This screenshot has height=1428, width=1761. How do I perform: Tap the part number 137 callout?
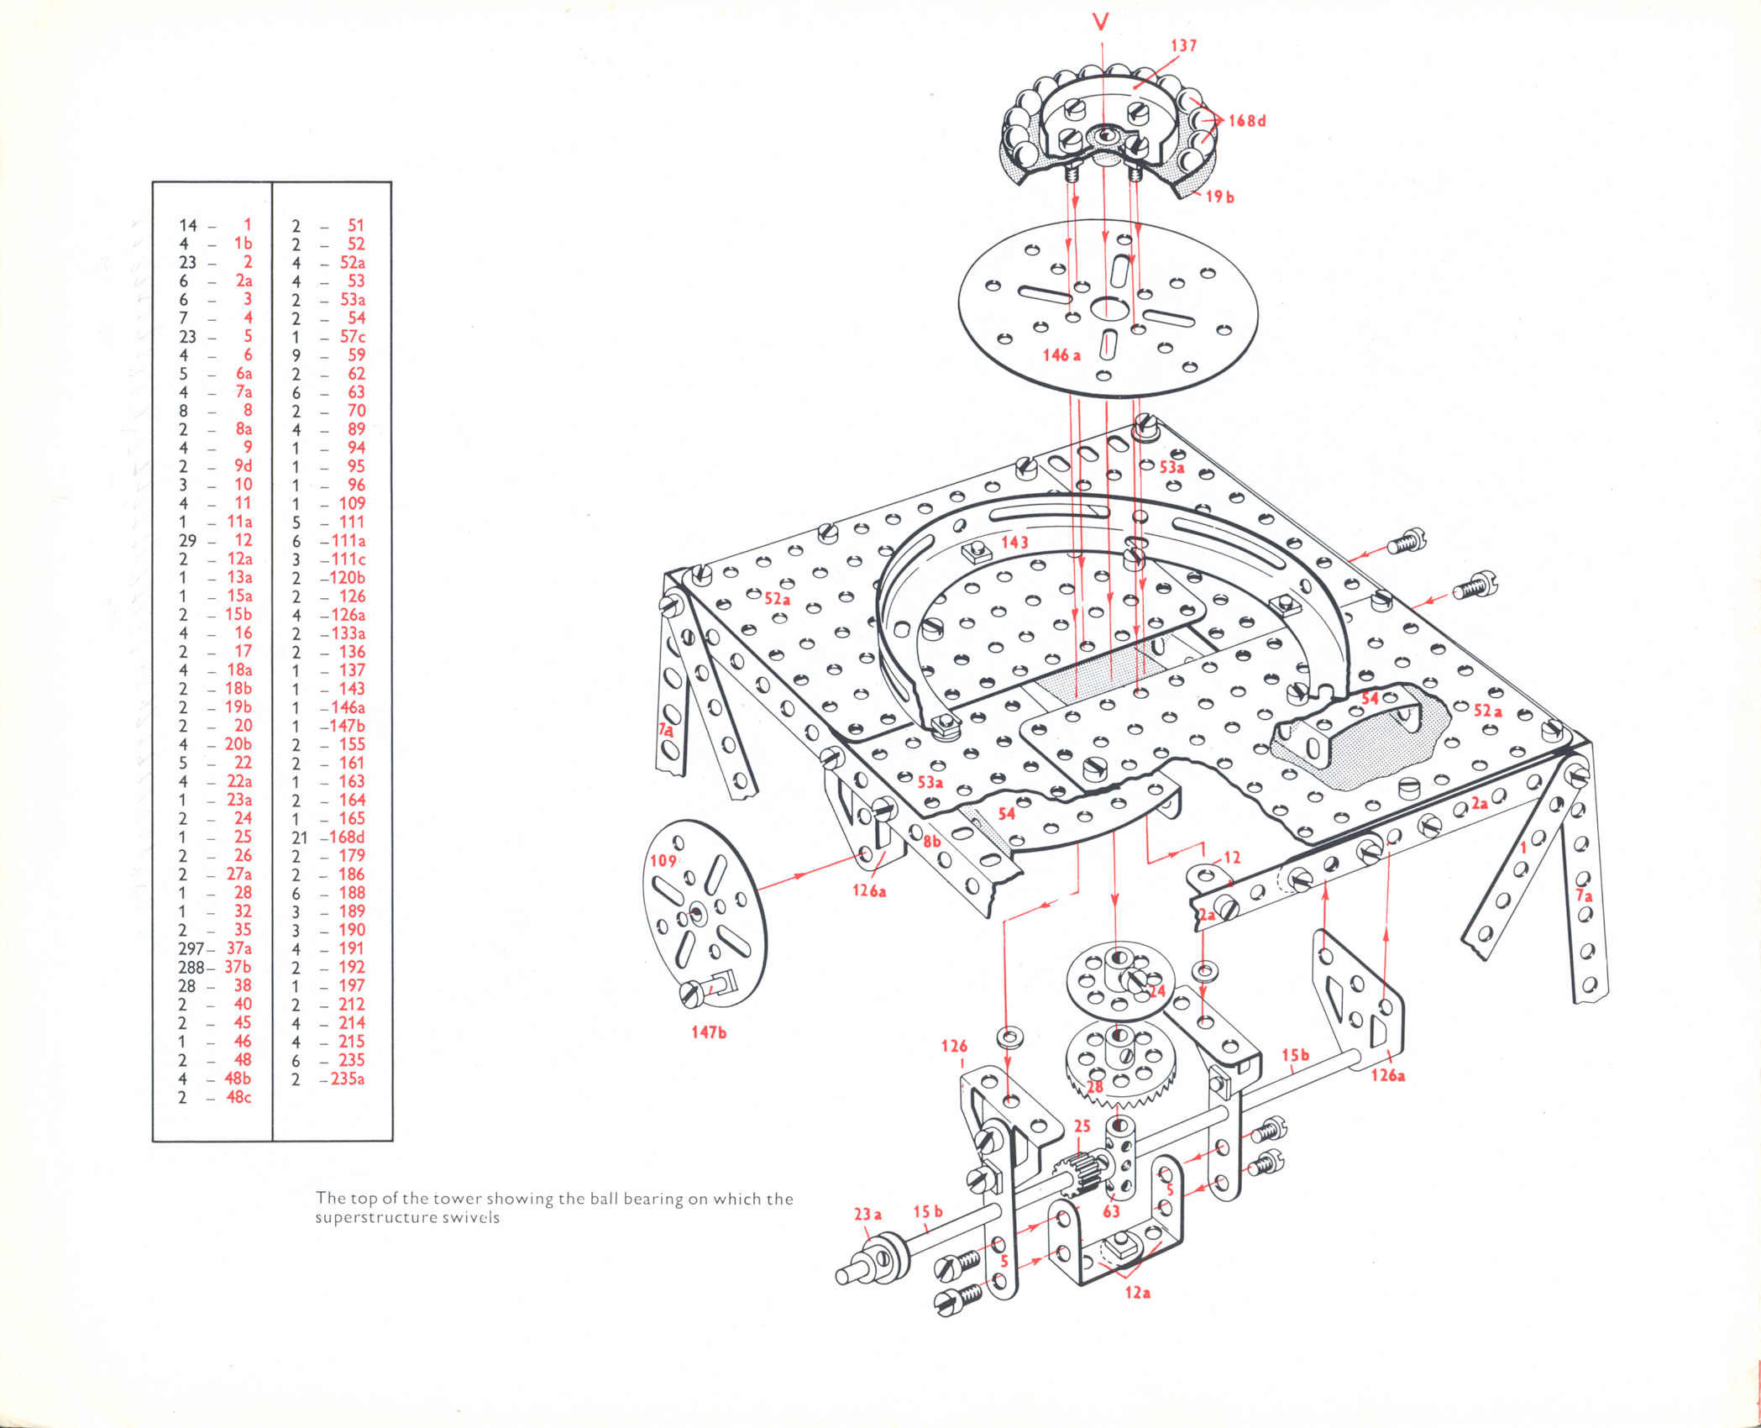tap(1182, 45)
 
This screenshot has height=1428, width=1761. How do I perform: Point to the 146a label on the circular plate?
tap(1061, 354)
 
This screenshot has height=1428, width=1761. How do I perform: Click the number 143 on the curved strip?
tap(1014, 542)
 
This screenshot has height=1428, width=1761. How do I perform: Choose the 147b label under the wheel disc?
tap(709, 1032)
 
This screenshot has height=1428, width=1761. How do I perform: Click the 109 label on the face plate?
tap(663, 860)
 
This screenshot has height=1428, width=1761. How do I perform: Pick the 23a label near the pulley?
tap(867, 1214)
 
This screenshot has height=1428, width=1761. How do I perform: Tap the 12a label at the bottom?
tap(1137, 1293)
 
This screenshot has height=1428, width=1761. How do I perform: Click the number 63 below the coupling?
tap(1111, 1211)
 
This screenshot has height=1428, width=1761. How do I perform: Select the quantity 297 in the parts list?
tap(191, 948)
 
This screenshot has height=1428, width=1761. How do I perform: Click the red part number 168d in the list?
tap(347, 837)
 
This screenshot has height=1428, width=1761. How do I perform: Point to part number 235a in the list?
tap(347, 1079)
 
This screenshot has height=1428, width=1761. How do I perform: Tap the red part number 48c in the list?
tap(238, 1097)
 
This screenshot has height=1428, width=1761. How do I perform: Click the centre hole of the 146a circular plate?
tap(1106, 308)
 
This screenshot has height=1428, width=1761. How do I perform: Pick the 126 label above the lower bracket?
tap(954, 1046)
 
